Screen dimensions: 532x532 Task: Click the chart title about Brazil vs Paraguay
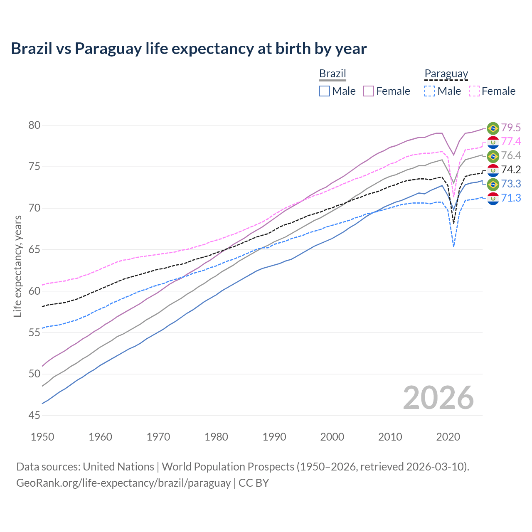point(189,49)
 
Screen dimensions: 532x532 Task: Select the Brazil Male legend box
point(325,91)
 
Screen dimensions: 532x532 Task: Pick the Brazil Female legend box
point(369,91)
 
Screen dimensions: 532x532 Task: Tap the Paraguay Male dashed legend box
point(430,91)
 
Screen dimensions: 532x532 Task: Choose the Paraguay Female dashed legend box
point(474,91)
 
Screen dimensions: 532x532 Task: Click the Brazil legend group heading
point(332,74)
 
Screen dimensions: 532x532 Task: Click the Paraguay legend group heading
point(446,74)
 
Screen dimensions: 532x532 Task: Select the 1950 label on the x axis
point(42,437)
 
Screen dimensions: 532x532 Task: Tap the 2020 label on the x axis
point(448,437)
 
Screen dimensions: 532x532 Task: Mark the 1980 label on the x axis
point(216,437)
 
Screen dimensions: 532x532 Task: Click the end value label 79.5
point(511,128)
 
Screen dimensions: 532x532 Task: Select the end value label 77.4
point(511,142)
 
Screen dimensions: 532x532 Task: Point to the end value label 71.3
point(511,198)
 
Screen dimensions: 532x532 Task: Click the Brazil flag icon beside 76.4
point(493,156)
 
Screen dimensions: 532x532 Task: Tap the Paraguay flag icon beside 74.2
point(493,170)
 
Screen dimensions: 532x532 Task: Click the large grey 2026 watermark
point(438,398)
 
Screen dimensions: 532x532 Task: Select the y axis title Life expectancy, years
point(17,266)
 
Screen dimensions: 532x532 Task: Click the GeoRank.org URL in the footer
point(123,483)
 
